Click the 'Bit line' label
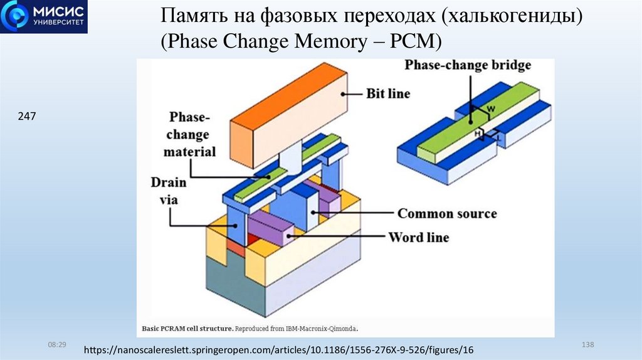(x=388, y=94)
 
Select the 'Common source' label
(x=447, y=213)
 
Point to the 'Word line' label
(x=419, y=238)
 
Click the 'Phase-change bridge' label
(x=468, y=65)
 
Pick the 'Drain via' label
(x=168, y=191)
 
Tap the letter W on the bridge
(x=491, y=109)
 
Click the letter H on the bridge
(x=478, y=132)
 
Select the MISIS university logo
(x=44, y=17)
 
